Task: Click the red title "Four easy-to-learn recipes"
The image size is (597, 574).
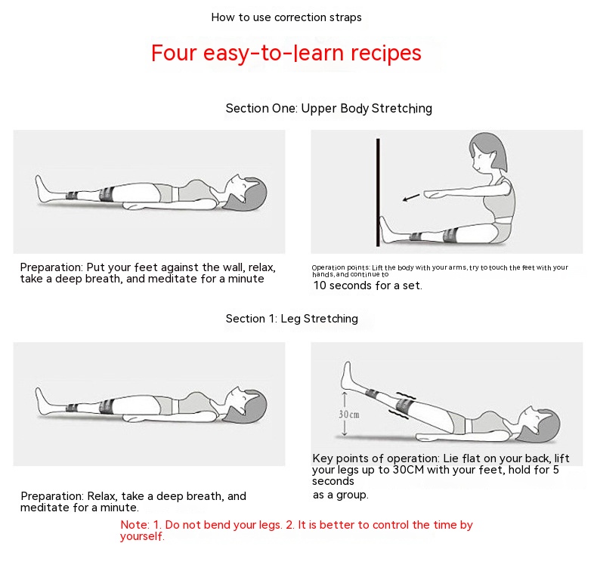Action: tap(286, 53)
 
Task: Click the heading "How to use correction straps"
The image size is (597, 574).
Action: tap(286, 17)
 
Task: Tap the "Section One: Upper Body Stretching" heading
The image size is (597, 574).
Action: tap(329, 109)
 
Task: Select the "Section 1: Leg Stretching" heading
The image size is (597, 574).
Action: tap(292, 319)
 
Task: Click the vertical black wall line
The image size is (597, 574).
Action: tap(378, 193)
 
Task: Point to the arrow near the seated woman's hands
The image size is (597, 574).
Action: tap(411, 198)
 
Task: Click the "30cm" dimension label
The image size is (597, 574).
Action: tap(349, 414)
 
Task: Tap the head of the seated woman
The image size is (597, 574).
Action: tap(487, 153)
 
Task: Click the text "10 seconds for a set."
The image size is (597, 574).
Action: tap(368, 285)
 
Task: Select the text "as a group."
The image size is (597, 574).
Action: tap(340, 495)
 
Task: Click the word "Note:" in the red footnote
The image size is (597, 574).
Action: tap(135, 525)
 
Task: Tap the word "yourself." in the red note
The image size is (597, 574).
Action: tap(142, 536)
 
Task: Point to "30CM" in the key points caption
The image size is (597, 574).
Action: tap(408, 470)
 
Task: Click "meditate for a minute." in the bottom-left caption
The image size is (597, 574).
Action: tap(79, 508)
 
